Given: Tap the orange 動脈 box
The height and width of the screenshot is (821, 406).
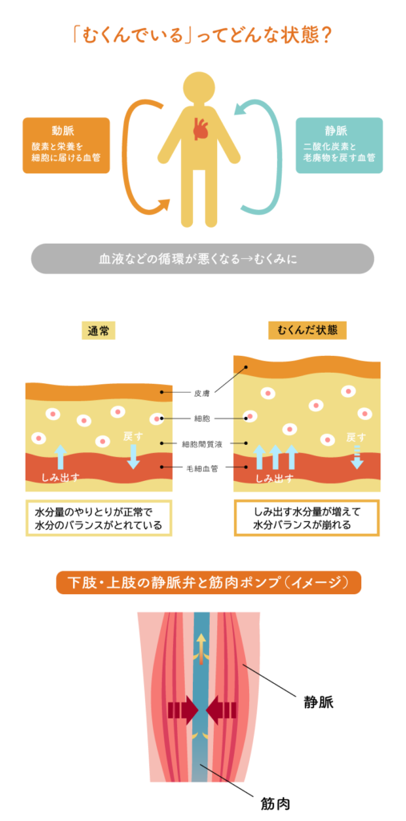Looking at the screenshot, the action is tap(66, 145).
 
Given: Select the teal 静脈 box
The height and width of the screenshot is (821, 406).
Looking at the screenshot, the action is tap(339, 145).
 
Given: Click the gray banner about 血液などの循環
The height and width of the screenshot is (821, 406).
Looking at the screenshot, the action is tap(203, 259).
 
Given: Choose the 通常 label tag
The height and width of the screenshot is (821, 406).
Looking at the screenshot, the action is tap(98, 331).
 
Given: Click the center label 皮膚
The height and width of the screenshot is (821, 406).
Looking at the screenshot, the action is tap(202, 391).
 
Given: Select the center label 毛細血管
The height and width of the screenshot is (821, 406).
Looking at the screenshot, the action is tap(203, 467).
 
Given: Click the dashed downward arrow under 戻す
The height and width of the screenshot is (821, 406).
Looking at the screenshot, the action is tap(357, 456).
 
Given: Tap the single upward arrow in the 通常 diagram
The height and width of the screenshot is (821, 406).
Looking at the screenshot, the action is tap(61, 456).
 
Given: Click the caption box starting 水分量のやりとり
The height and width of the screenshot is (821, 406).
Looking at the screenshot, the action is tap(99, 519).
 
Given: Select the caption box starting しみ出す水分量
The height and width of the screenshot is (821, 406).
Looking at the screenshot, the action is tap(307, 519).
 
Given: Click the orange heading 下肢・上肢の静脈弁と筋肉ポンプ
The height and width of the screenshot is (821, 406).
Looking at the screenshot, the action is tap(209, 582).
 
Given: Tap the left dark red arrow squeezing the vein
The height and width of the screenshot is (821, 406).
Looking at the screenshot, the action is tap(183, 710).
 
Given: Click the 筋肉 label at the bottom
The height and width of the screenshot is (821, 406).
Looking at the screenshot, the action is tap(275, 802).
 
